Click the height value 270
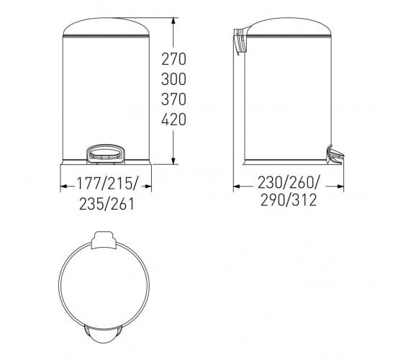(x=173, y=59)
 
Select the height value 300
(x=173, y=79)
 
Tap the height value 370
(x=173, y=99)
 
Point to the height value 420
(x=173, y=120)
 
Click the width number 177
(x=89, y=184)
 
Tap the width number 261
(x=122, y=204)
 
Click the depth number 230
(x=270, y=183)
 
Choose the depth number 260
(x=302, y=183)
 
